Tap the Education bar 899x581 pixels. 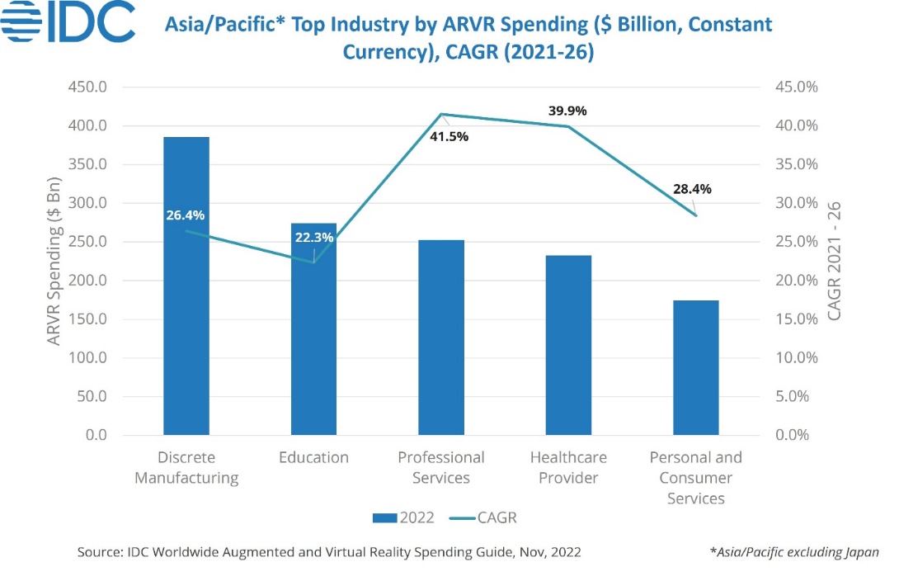(x=313, y=347)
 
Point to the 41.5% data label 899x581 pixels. (x=449, y=136)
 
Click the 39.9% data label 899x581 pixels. (x=567, y=111)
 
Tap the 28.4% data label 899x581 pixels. (x=691, y=188)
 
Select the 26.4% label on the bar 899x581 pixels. (x=185, y=216)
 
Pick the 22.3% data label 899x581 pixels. (x=313, y=238)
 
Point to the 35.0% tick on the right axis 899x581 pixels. (x=795, y=164)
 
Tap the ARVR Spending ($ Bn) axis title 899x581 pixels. (x=54, y=261)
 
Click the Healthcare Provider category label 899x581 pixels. (x=568, y=467)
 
